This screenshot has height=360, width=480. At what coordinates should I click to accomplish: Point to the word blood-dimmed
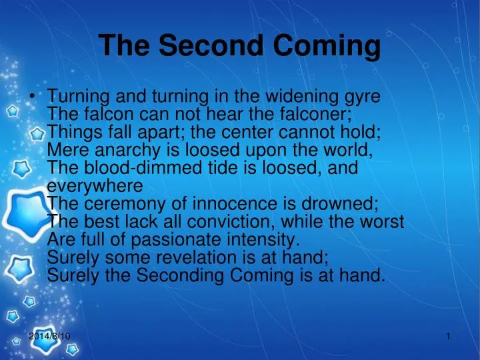point(139,168)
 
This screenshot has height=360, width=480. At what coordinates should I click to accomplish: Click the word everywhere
point(95,185)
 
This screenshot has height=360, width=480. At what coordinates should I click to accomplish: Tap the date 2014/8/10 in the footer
point(50,337)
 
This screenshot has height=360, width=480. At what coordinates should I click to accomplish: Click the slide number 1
point(449,337)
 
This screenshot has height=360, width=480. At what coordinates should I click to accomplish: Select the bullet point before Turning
point(33,97)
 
